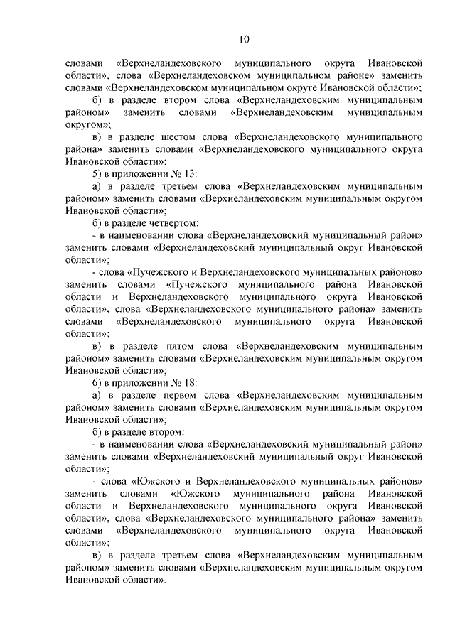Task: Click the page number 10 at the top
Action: [x=245, y=38]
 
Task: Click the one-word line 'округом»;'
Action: [x=86, y=124]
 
